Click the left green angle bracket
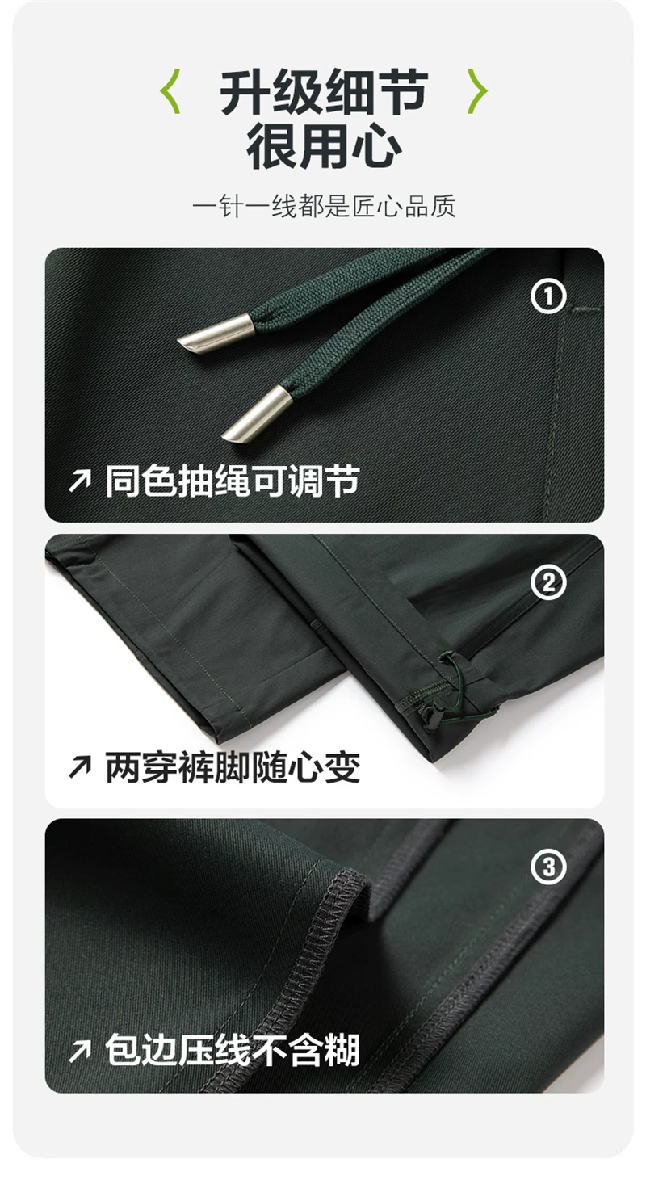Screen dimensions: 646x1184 170,91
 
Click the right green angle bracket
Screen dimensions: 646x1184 477,91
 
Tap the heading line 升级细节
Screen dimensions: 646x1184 324,93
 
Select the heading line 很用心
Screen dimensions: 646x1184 324,146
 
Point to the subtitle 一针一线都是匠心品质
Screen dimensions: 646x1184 324,206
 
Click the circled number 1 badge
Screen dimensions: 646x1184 548,296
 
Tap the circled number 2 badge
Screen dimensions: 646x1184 548,582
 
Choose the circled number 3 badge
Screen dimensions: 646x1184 548,867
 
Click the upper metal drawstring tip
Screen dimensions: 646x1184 216,334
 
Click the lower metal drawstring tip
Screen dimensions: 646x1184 258,414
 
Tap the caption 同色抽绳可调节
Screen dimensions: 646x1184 233,481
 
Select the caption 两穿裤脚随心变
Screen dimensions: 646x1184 233,767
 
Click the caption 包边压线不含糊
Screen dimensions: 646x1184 233,1051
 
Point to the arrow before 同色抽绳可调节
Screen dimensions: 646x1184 80,481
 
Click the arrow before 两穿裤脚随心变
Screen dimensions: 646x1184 80,767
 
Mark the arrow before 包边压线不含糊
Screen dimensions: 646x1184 80,1052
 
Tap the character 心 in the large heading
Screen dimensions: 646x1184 377,146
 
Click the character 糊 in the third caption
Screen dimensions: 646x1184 342,1051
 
